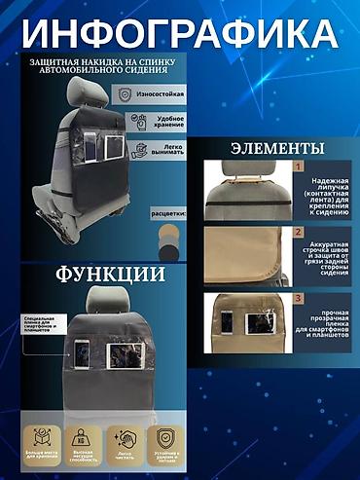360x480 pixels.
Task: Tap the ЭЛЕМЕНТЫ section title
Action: tap(276, 149)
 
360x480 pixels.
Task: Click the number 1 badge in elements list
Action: tap(300, 167)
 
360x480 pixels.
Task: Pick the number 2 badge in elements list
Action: tap(300, 233)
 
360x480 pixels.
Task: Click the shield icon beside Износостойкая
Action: tap(125, 95)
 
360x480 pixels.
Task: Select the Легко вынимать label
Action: tap(166, 150)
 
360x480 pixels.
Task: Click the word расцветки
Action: tap(167, 212)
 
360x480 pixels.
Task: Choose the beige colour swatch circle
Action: tap(170, 234)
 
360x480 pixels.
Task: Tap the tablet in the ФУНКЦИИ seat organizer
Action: tap(124, 351)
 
